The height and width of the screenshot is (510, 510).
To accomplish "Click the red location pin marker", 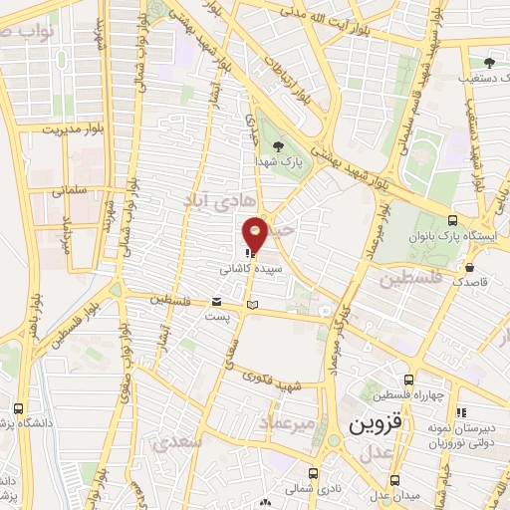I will coord(256,233).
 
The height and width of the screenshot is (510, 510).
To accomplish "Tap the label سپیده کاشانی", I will coord(256,269).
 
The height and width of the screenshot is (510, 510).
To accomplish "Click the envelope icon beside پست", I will coord(218,301).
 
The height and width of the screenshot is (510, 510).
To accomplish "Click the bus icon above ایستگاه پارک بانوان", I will coord(453,220).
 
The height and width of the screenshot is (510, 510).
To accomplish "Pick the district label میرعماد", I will coord(287,423).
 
